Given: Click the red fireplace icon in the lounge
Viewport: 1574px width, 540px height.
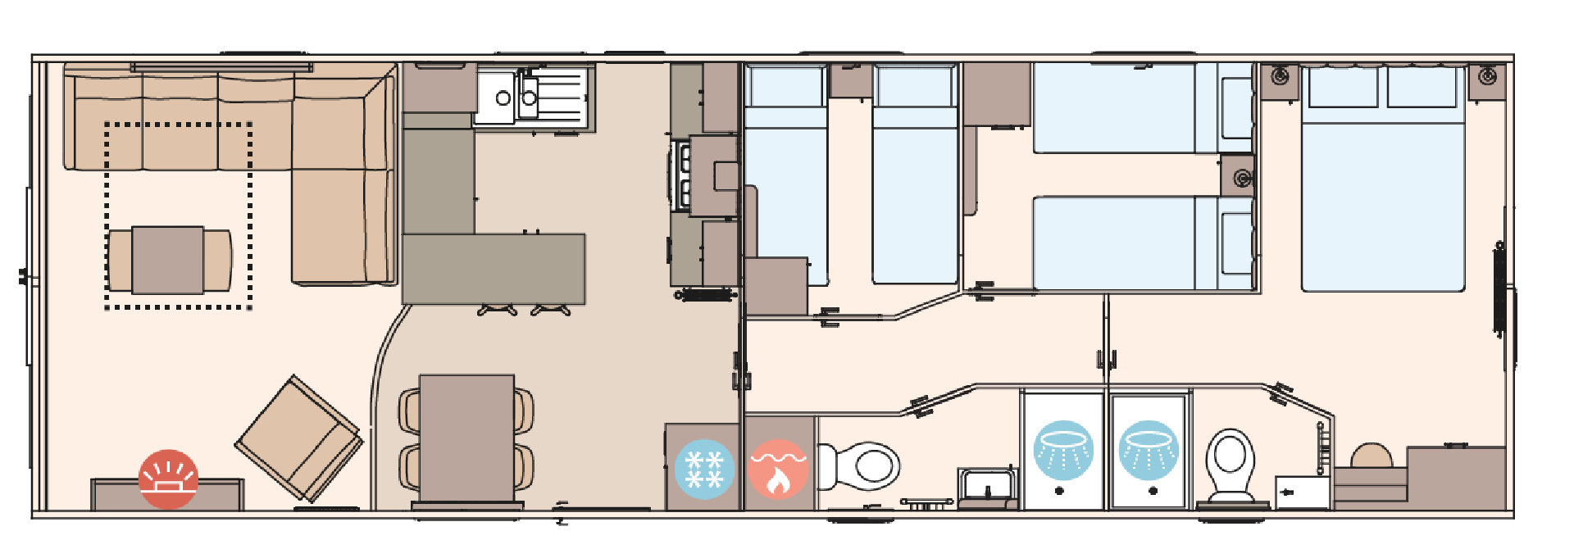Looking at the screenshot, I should (x=168, y=479).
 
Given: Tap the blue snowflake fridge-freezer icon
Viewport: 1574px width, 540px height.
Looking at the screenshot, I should (x=704, y=470).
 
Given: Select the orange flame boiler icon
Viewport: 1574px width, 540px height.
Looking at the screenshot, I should (x=779, y=470).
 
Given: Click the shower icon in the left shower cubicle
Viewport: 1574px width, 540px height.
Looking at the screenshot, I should (x=1063, y=450).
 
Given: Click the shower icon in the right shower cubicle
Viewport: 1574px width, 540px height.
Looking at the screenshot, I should (x=1149, y=450).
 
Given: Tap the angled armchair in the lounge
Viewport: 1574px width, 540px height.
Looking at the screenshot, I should (x=299, y=439).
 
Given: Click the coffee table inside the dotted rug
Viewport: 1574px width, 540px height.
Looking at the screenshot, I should (x=168, y=260).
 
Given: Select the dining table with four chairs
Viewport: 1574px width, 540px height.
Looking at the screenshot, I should (x=466, y=438).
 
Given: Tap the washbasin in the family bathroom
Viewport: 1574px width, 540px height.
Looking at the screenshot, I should (x=987, y=485).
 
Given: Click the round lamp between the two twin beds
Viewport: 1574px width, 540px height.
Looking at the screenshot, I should (x=1243, y=178).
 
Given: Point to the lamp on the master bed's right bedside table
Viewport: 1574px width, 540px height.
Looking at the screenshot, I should (x=1487, y=77).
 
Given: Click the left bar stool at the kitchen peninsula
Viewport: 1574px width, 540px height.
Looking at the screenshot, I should (x=497, y=310).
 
